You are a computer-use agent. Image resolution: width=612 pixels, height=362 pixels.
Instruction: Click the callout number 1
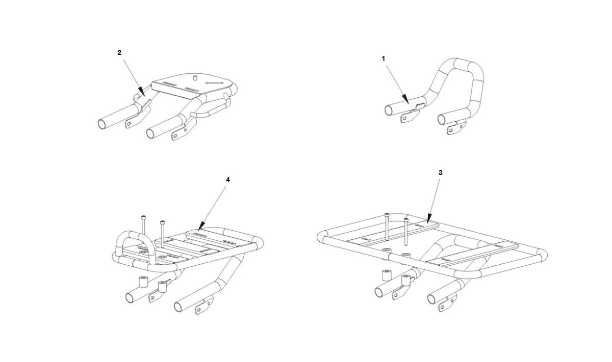pyautogui.click(x=383, y=59)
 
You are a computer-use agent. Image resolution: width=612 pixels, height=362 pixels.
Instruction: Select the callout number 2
pyautogui.click(x=119, y=52)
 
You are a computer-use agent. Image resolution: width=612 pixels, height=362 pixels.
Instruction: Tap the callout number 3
pyautogui.click(x=441, y=173)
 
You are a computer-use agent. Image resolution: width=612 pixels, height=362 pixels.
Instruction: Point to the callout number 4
pyautogui.click(x=228, y=180)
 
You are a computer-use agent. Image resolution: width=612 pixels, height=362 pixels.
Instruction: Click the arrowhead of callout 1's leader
pyautogui.click(x=406, y=99)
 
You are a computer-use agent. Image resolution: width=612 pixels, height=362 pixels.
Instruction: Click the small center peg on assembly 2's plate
pyautogui.click(x=194, y=78)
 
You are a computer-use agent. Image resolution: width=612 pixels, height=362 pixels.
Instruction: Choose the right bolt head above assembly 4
pyautogui.click(x=162, y=222)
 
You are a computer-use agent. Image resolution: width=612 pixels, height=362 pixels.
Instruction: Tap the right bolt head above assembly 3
pyautogui.click(x=406, y=219)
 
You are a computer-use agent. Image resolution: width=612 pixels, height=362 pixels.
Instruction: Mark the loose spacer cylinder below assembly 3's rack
pyautogui.click(x=386, y=275)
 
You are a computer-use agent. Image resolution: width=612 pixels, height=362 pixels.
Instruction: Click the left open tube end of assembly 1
pyautogui.click(x=388, y=110)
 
